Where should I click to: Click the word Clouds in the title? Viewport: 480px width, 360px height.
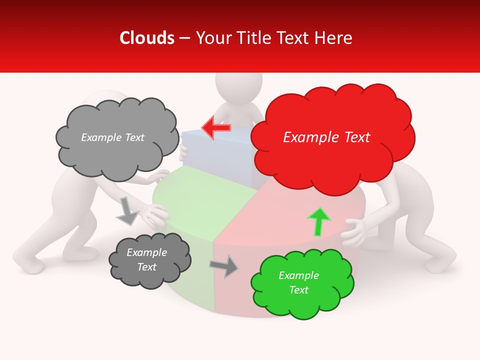click(146, 38)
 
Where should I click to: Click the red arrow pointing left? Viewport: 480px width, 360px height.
click(216, 127)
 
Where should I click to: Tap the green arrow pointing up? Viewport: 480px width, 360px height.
click(319, 221)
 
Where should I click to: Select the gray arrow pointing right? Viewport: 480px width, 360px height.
click(224, 265)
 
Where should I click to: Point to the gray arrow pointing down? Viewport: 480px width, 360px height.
click(127, 211)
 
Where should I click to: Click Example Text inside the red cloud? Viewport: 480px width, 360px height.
click(326, 137)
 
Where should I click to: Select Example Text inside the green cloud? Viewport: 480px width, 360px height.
click(298, 282)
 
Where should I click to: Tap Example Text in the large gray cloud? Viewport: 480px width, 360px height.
click(112, 137)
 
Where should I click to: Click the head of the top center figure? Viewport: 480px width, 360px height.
click(238, 87)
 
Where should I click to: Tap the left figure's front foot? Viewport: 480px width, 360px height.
click(30, 262)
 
